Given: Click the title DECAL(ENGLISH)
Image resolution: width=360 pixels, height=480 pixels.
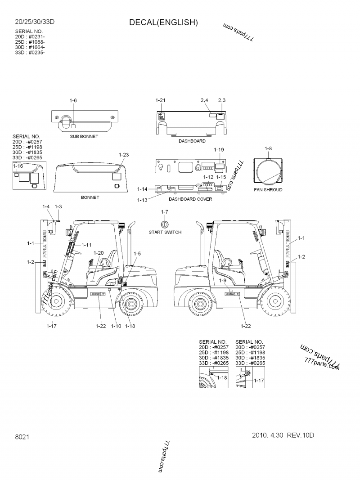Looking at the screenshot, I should pyautogui.click(x=163, y=22).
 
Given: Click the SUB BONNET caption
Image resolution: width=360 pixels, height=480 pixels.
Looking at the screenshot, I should pyautogui.click(x=84, y=136).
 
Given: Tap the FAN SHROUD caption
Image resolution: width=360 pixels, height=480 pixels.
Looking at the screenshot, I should pyautogui.click(x=268, y=190).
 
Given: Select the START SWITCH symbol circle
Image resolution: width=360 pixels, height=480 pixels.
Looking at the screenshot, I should pyautogui.click(x=165, y=224).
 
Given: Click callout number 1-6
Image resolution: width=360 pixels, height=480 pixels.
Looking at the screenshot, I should pyautogui.click(x=73, y=100).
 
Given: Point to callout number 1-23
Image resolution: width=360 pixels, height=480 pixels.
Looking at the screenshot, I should pyautogui.click(x=124, y=155).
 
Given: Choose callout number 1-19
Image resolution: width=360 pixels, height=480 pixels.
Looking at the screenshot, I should pyautogui.click(x=219, y=149).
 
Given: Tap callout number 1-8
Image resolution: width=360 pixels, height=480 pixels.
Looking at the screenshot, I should pyautogui.click(x=268, y=148).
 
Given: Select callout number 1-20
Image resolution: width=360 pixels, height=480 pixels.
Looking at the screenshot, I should pyautogui.click(x=99, y=253).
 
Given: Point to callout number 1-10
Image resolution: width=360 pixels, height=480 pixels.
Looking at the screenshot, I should pyautogui.click(x=116, y=326).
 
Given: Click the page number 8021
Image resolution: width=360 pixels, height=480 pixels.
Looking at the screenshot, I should pyautogui.click(x=22, y=437).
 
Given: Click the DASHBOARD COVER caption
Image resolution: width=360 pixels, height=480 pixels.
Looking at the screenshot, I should pyautogui.click(x=190, y=199).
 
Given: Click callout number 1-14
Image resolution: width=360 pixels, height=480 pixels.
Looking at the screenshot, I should pyautogui.click(x=142, y=189).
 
